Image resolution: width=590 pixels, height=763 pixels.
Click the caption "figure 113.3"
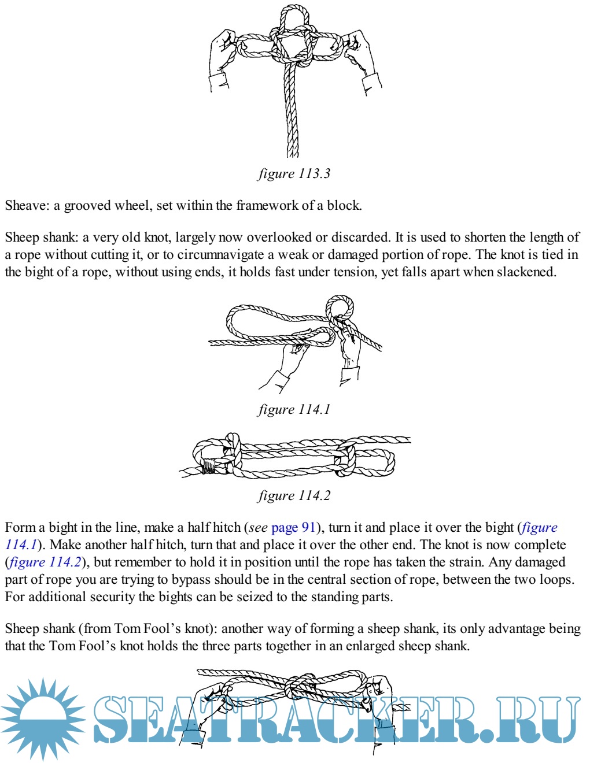[x=294, y=173]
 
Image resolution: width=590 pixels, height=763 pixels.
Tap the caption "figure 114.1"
[x=294, y=409]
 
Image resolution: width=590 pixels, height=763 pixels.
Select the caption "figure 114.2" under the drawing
[x=294, y=495]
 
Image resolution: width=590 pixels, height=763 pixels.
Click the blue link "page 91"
[x=294, y=527]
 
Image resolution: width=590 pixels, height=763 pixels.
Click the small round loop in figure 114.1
[x=340, y=306]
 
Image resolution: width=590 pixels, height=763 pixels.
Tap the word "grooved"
[x=89, y=205]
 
